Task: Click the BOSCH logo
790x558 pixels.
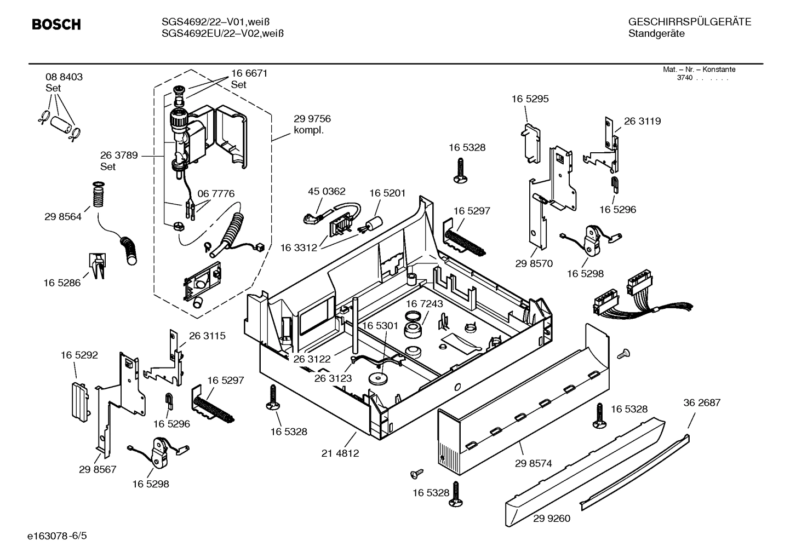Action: [x=56, y=25]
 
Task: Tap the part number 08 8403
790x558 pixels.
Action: [x=64, y=77]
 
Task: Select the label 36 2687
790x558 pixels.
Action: [x=702, y=402]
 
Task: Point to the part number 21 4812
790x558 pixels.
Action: [x=340, y=453]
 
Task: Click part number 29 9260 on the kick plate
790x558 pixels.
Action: [x=551, y=518]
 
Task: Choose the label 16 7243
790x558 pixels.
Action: [x=424, y=303]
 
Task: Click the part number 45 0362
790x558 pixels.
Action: [x=327, y=192]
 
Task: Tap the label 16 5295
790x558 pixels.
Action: [x=530, y=99]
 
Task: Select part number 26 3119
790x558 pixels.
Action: [x=642, y=121]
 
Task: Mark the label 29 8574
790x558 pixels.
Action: [x=533, y=463]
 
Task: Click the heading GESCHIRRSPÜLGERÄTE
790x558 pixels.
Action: [x=689, y=22]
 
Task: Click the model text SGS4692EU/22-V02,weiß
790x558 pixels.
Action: [x=222, y=34]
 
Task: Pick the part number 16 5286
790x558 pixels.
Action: [x=62, y=283]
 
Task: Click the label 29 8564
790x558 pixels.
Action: [x=63, y=217]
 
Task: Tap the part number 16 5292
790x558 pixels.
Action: [x=79, y=355]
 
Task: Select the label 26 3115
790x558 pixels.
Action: [x=207, y=336]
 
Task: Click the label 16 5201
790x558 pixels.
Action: [x=387, y=193]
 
